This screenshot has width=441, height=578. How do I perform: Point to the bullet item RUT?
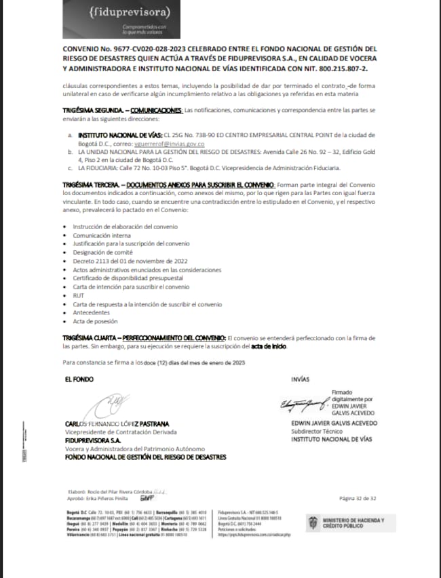(x=78, y=295)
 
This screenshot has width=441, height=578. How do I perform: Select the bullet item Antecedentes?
(x=92, y=313)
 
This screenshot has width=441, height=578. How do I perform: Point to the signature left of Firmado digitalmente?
(x=304, y=406)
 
